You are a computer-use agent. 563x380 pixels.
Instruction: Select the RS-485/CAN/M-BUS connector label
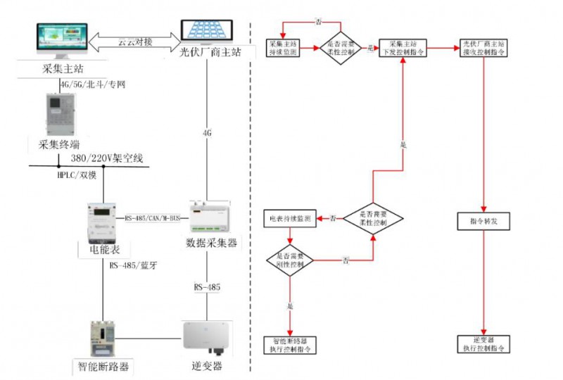point(152,219)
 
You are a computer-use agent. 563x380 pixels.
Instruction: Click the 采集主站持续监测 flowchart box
point(284,48)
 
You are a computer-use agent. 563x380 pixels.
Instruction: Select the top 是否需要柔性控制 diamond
point(342,48)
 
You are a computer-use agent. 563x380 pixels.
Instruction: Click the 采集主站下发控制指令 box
point(403,48)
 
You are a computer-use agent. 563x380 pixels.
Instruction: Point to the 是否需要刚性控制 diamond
point(290,260)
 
